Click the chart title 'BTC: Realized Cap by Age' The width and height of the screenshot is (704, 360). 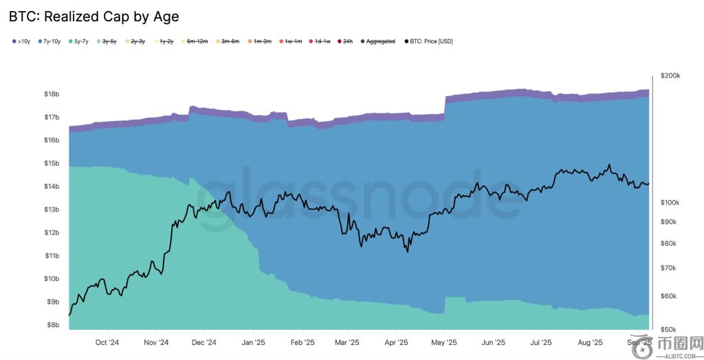(93, 16)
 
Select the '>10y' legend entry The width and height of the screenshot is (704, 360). (21, 41)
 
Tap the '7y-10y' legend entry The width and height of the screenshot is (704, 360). (50, 41)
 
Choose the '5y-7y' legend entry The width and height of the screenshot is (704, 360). (80, 41)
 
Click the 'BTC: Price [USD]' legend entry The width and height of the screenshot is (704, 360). (429, 41)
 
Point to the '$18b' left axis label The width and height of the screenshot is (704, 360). (52, 93)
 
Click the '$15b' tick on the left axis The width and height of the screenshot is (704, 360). (52, 163)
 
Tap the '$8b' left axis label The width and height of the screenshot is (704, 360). (53, 325)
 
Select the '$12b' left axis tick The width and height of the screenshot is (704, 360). (52, 232)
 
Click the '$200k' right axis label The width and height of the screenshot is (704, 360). (670, 76)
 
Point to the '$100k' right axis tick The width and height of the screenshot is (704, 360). (670, 203)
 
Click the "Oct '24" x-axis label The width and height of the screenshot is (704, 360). (107, 342)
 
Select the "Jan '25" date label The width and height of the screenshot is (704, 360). (254, 342)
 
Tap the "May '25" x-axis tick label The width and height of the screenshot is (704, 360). (445, 342)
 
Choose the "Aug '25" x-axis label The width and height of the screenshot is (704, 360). (590, 342)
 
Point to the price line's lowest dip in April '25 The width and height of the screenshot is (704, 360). (407, 251)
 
